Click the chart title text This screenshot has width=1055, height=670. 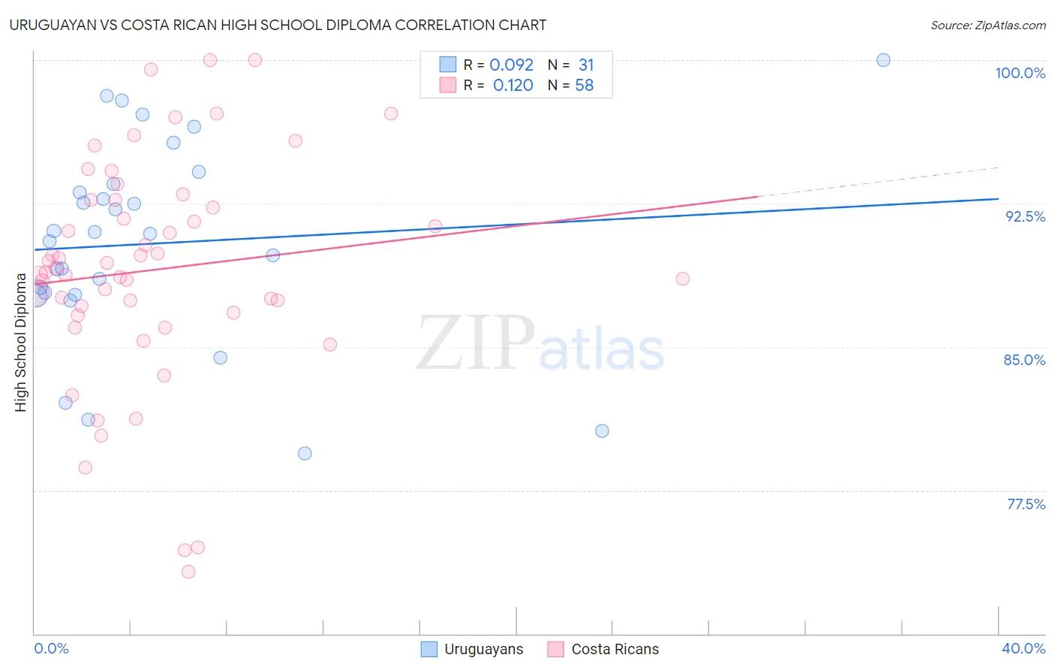point(278,25)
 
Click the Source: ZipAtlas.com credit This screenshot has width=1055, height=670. point(987,25)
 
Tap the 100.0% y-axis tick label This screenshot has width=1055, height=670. point(1020,73)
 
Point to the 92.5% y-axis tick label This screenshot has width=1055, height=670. point(1025,216)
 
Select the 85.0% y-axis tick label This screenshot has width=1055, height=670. point(1024,360)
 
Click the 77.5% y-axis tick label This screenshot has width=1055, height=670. point(1026,504)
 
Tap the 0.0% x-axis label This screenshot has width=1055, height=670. point(51,648)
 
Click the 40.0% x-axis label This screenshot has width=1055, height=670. point(1023,648)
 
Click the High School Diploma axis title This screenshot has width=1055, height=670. point(21,342)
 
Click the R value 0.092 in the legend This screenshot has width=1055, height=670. point(511,65)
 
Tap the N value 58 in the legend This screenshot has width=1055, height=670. point(584,86)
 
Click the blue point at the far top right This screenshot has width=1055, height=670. point(883,60)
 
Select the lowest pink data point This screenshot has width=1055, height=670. point(188,572)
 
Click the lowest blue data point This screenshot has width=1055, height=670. point(305,454)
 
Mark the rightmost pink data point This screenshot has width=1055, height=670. point(682,279)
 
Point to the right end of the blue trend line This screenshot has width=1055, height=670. point(997,199)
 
